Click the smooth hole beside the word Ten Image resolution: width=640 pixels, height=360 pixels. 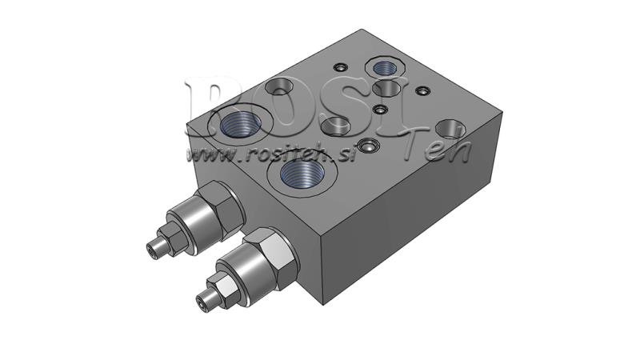(x=452, y=129)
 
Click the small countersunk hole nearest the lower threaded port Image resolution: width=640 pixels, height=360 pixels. (x=368, y=146)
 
